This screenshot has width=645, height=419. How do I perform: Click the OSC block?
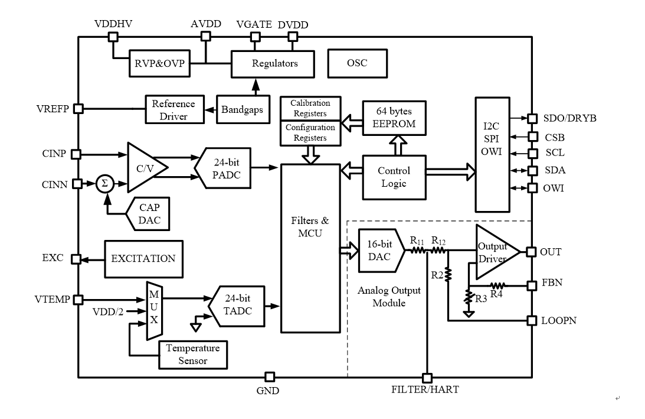coord(357,63)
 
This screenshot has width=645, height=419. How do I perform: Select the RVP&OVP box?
coord(159,64)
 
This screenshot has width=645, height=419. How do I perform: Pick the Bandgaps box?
coord(240,109)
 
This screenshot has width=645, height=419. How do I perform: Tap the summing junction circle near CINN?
coord(105,184)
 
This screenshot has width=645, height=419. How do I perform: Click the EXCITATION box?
coord(143,259)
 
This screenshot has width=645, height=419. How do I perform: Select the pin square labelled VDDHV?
coord(113,37)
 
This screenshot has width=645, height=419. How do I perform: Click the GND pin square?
coord(269,376)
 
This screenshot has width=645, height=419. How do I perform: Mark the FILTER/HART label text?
coord(425,391)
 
